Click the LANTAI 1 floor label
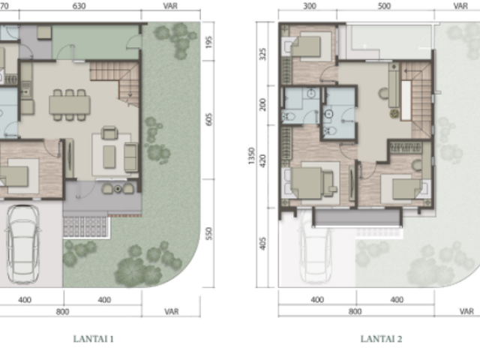[93, 339]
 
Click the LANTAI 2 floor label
[381, 339]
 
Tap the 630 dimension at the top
[79, 6]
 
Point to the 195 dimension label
[208, 42]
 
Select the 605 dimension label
[208, 119]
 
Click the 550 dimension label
[208, 233]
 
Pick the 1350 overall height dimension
[251, 156]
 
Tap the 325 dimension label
[262, 54]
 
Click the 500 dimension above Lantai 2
[384, 6]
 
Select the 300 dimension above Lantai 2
[310, 6]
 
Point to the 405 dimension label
[262, 243]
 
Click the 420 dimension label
[262, 160]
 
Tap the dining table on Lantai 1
[70, 105]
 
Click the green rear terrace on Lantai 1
[95, 42]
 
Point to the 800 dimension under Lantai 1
[62, 312]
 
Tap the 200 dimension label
[262, 105]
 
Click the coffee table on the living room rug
[109, 157]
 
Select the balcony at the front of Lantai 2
[357, 217]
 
